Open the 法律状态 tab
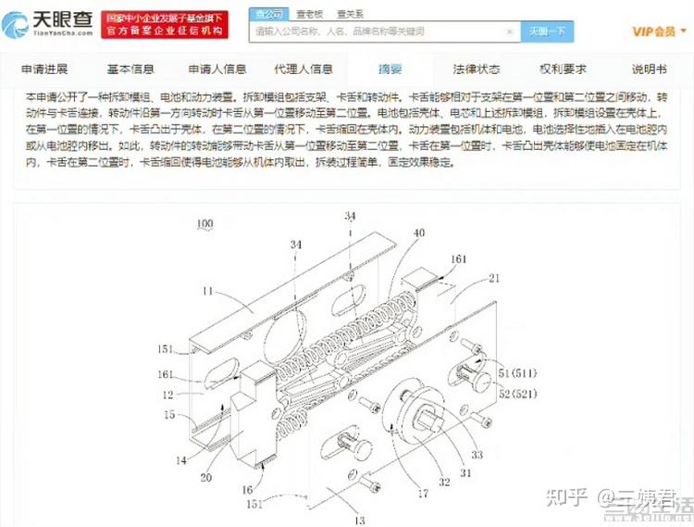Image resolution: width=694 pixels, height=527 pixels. point(477,69)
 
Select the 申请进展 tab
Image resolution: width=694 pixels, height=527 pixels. point(45,69)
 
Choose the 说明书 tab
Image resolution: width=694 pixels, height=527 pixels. point(648,69)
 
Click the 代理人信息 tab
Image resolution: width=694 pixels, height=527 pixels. point(304,69)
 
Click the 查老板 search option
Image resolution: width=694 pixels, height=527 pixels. point(310,14)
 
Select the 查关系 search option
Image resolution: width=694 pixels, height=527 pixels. point(350,14)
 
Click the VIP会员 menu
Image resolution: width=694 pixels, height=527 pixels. point(654,31)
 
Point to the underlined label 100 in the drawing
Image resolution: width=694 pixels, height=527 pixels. point(204,224)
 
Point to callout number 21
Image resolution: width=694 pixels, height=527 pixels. point(494,277)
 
